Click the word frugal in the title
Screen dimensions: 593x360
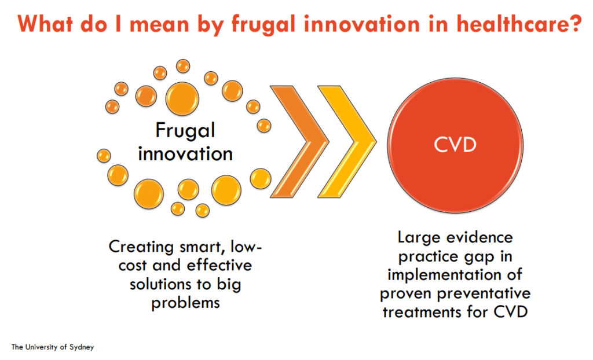point(264,24)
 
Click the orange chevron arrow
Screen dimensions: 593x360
point(299,141)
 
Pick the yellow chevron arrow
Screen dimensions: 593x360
point(347,141)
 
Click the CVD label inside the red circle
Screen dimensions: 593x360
point(455,145)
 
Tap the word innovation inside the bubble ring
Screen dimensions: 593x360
point(185,154)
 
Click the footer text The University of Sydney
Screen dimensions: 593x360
point(53,347)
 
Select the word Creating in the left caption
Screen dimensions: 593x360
point(141,247)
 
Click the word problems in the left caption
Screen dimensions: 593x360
point(185,303)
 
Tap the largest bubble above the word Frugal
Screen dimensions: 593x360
point(182,99)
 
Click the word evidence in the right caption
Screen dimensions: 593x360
point(479,237)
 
